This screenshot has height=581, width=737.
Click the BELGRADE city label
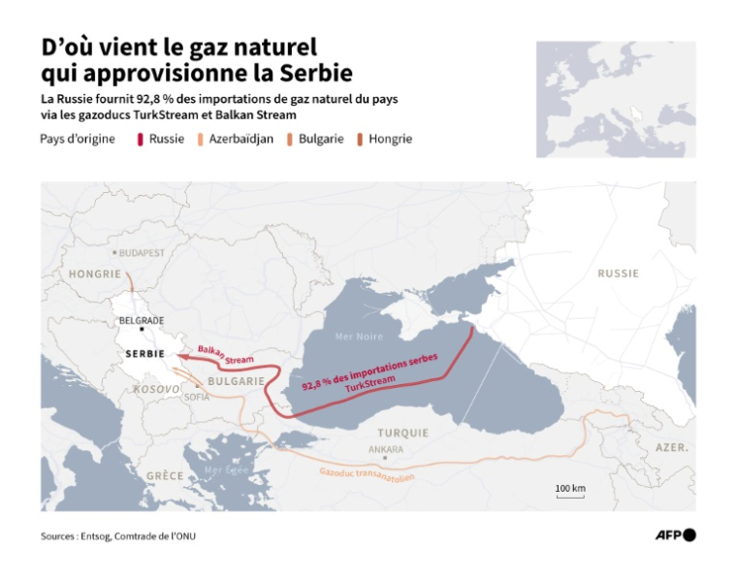[x=140, y=320]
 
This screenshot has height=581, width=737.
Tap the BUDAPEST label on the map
[x=142, y=252]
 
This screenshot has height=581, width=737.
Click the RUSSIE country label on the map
[x=618, y=274]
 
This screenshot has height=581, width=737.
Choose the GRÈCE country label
[x=165, y=476]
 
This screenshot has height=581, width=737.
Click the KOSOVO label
[x=156, y=389]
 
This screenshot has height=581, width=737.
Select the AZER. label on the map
[x=670, y=448]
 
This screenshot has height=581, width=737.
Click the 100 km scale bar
[x=569, y=492]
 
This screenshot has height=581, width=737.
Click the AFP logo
[x=676, y=535]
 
